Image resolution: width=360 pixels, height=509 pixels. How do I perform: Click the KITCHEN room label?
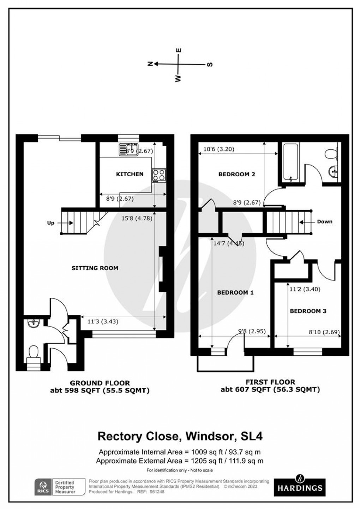pyautogui.click(x=130, y=174)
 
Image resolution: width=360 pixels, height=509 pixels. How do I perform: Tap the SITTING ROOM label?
pyautogui.click(x=95, y=268)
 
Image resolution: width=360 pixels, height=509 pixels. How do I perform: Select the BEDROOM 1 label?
pyautogui.click(x=235, y=292)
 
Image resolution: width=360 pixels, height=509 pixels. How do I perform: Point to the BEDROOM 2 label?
pyautogui.click(x=236, y=174)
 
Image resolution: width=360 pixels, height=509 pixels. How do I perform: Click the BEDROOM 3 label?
pyautogui.click(x=308, y=311)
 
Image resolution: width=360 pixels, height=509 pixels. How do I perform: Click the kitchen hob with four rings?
pyautogui.click(x=159, y=175)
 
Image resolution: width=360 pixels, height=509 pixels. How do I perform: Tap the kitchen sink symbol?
pyautogui.click(x=128, y=149)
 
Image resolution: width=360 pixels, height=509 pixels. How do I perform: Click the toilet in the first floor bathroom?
pyautogui.click(x=331, y=154)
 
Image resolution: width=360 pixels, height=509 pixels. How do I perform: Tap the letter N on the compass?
pyautogui.click(x=150, y=64)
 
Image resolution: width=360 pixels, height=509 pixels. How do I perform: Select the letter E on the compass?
pyautogui.click(x=179, y=50)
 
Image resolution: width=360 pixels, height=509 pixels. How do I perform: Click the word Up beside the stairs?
pyautogui.click(x=51, y=223)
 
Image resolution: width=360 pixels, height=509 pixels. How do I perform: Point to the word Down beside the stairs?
pyautogui.click(x=324, y=222)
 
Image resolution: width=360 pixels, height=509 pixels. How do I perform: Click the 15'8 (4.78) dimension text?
pyautogui.click(x=136, y=218)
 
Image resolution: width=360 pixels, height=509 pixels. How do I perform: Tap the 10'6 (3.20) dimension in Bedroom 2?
pyautogui.click(x=219, y=149)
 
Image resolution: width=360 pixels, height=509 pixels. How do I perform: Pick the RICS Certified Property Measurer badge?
pyautogui.click(x=60, y=487)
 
